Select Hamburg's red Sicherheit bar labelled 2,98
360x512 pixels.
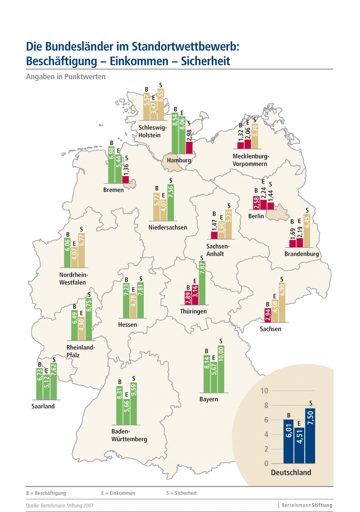click(189, 148)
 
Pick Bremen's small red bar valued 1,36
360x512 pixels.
click(125, 179)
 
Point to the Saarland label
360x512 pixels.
click(43, 406)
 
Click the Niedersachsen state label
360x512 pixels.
click(168, 227)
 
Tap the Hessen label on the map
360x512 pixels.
click(127, 325)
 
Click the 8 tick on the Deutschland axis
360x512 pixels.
click(264, 405)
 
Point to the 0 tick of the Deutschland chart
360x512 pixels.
click(266, 464)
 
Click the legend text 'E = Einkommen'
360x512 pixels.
click(118, 493)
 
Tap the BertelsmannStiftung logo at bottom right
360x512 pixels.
click(307, 505)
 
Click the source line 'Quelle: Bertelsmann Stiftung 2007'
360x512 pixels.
click(60, 506)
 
